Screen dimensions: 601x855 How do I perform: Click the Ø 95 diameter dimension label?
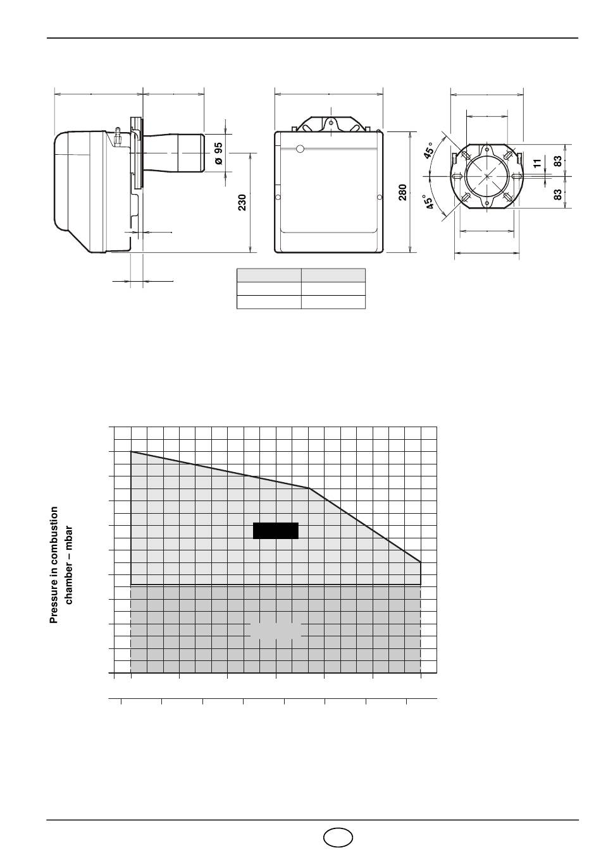(218, 154)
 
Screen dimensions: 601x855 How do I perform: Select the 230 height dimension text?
(242, 202)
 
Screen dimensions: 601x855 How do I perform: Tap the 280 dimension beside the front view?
(402, 192)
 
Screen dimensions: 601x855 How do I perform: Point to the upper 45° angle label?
(429, 150)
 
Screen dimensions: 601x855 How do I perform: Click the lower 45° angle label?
(429, 202)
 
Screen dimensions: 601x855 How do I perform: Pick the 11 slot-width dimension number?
(538, 164)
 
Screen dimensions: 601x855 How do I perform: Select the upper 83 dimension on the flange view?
(558, 161)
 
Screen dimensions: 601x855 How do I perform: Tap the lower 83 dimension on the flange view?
(558, 195)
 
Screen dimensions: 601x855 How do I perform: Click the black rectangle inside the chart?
(275, 531)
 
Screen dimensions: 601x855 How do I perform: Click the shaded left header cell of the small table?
(269, 275)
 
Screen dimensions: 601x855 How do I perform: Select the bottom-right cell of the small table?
(333, 301)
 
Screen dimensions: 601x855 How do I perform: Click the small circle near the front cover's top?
(300, 149)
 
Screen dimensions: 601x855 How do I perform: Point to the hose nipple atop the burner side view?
(118, 136)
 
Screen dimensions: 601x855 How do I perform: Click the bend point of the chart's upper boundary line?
(309, 488)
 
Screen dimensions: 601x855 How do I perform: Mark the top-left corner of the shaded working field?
(131, 452)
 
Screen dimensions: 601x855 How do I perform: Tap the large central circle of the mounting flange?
(486, 176)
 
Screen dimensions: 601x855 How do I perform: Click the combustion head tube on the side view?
(173, 153)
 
